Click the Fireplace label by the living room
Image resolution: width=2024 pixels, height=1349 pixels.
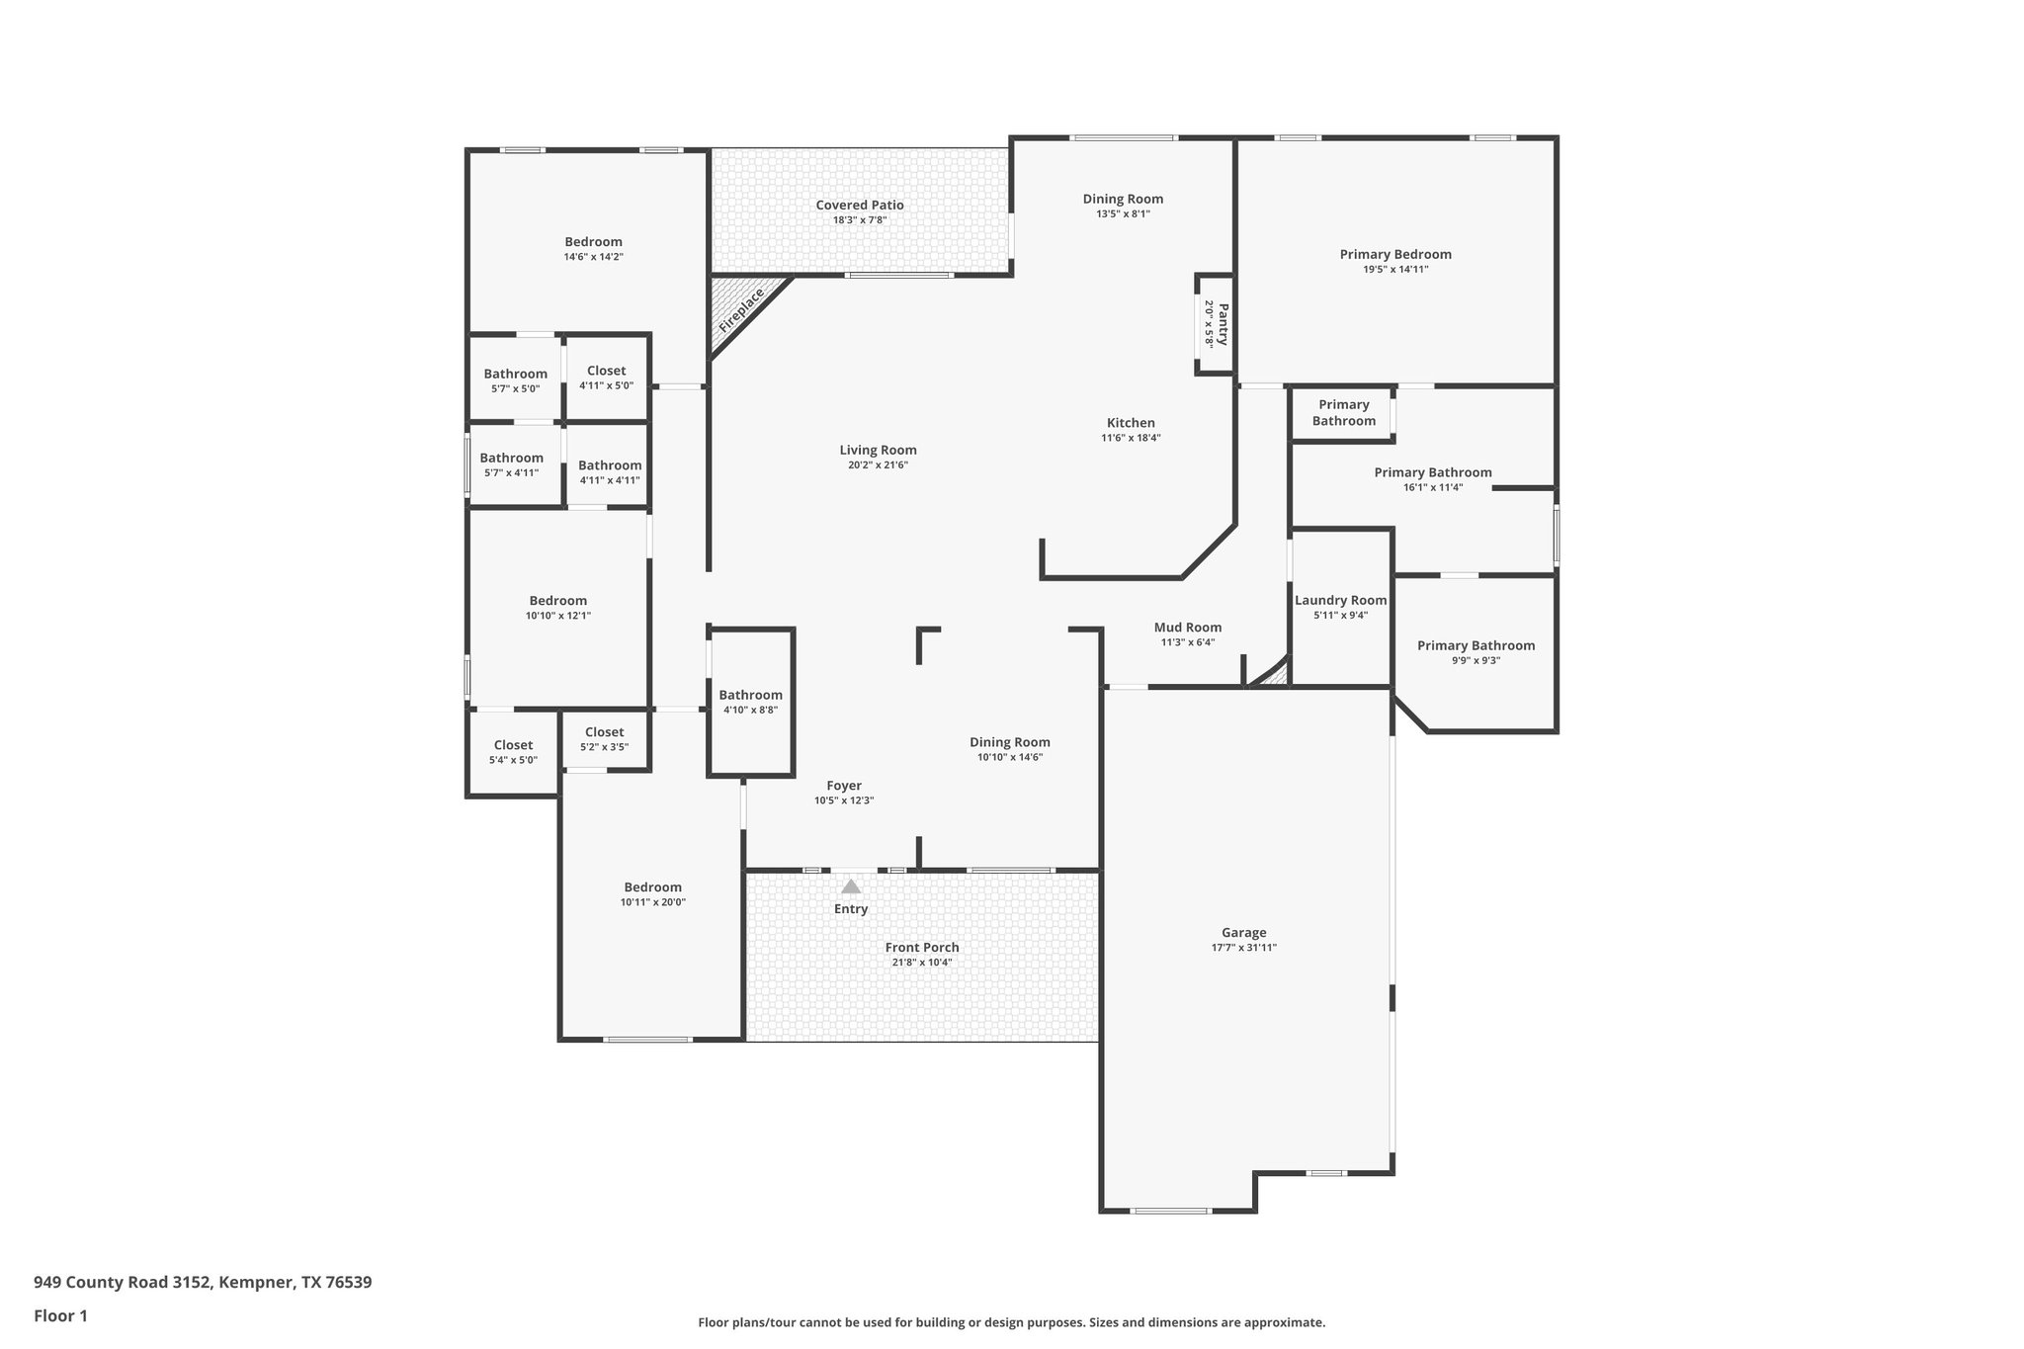pos(741,309)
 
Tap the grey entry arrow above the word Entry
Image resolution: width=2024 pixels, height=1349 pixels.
pos(851,886)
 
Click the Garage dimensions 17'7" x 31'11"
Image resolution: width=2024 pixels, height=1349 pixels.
pos(1243,947)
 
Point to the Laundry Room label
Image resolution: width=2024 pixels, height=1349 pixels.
pos(1340,600)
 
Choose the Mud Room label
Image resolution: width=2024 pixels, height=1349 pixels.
pos(1187,628)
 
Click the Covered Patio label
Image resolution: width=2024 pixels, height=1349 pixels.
pos(859,206)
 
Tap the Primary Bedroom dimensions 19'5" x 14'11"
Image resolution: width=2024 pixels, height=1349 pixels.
pos(1394,269)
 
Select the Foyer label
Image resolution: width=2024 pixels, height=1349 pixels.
pos(844,786)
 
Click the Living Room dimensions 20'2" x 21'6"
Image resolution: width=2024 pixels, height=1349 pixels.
pos(878,464)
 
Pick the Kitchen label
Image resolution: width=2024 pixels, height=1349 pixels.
pos(1131,423)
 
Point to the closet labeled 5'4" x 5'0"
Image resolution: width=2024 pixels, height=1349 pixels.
pos(513,752)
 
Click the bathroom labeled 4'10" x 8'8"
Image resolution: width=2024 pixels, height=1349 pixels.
pos(750,702)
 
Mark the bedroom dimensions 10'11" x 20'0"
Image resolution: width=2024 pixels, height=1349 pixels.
pos(652,901)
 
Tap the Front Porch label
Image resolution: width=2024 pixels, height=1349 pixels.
pos(921,947)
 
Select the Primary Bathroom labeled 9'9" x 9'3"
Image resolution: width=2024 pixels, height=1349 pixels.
pos(1476,652)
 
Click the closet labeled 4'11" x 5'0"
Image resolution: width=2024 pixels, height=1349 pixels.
pos(606,378)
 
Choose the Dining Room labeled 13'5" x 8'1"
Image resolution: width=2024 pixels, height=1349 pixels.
pos(1123,206)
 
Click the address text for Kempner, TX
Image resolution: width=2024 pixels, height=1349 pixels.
pos(203,1283)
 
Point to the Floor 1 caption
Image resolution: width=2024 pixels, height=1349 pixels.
pos(60,1315)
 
